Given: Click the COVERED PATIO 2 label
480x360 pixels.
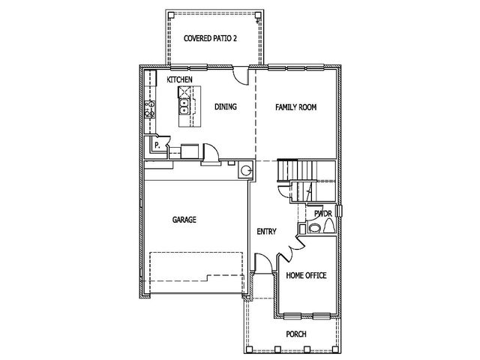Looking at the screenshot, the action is (x=210, y=38).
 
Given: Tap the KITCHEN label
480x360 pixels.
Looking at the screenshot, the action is (x=179, y=79).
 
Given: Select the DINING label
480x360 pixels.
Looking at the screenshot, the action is (x=226, y=106).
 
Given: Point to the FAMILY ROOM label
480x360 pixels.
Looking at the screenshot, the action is (x=295, y=107).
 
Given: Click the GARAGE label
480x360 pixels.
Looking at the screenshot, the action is (x=184, y=220).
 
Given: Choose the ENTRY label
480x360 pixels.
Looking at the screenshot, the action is (x=267, y=232).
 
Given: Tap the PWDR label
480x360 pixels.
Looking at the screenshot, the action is (x=323, y=214).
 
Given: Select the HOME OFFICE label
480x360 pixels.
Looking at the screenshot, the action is (x=306, y=275).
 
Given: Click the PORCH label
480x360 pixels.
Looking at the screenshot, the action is (x=296, y=334).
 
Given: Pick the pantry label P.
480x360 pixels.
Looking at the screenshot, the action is (x=157, y=145).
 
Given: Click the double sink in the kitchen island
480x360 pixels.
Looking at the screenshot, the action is (x=184, y=106).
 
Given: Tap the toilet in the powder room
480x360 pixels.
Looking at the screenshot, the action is (x=329, y=226).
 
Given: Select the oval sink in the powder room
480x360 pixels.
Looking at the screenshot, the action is (x=314, y=228).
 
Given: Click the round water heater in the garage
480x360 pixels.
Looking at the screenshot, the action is (x=246, y=170).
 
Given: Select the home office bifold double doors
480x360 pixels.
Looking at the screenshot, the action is (x=292, y=248).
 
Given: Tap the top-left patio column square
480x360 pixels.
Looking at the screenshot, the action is (x=172, y=15).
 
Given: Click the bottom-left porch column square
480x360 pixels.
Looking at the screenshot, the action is (x=250, y=349).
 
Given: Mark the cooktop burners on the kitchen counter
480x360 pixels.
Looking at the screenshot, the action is (x=150, y=109).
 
